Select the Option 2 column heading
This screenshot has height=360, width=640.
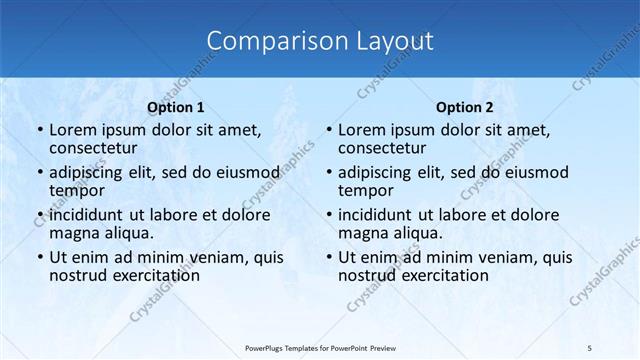pos(465,107)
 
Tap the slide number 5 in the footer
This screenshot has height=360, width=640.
pos(589,347)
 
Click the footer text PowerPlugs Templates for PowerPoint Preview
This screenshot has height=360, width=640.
pos(320,347)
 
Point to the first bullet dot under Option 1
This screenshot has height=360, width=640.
pos(39,130)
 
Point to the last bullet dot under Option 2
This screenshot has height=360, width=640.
pos(328,257)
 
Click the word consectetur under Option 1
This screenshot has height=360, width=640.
pos(96,148)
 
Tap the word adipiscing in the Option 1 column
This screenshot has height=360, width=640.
pos(91,172)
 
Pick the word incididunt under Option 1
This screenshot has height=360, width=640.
pos(92,214)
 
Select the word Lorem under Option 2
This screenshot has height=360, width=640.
pos(362,130)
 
